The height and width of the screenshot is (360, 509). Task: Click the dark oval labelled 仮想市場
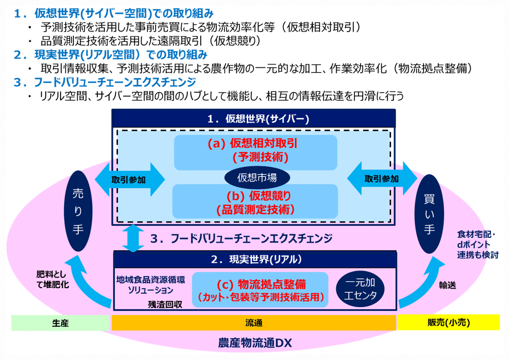pos(257,177)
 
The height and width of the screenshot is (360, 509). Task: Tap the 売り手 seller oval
pos(78,211)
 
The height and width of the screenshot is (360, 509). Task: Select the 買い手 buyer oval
pos(429,214)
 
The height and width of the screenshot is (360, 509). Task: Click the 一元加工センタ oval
pos(361,289)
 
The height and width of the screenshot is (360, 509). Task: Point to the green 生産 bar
pos(61,323)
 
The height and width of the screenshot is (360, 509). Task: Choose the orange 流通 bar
pos(254,323)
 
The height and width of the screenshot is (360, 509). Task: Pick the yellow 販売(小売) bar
pos(448,323)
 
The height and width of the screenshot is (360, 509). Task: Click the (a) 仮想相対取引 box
pos(256,153)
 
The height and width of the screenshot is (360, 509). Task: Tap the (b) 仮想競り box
pos(255,201)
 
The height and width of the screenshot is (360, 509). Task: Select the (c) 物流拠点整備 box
pos(260,290)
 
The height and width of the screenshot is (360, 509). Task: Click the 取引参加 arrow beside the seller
pos(130,179)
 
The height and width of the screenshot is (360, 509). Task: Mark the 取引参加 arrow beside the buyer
pos(382,179)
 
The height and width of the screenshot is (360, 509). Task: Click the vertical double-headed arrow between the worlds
pos(133,238)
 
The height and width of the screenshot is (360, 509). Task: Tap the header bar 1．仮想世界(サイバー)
pos(253,118)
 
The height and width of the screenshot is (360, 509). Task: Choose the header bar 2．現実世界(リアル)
pos(255,259)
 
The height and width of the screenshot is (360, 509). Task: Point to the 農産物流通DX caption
pos(255,343)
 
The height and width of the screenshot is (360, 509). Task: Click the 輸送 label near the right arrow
pos(447,285)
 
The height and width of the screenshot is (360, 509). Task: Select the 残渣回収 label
pos(165,304)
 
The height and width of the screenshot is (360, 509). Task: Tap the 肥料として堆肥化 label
pos(52,279)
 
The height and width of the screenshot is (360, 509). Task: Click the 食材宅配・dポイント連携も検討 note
pos(477,245)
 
